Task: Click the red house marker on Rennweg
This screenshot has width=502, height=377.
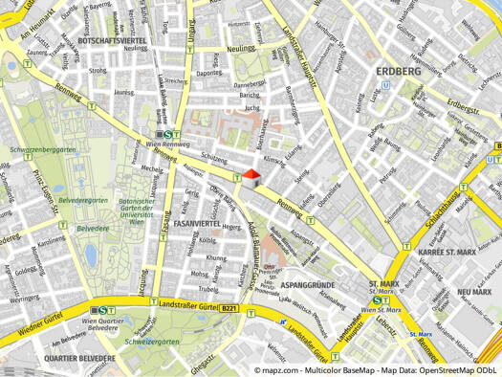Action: click(x=251, y=178)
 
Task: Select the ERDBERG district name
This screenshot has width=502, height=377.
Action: click(x=399, y=72)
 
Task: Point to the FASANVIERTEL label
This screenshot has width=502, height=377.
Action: click(x=197, y=223)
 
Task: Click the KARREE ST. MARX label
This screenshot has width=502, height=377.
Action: click(x=447, y=252)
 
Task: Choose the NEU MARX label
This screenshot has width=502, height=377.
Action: click(x=474, y=291)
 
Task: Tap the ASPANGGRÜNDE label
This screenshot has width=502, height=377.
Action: click(x=308, y=285)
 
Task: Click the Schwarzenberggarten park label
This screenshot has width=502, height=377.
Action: click(x=43, y=150)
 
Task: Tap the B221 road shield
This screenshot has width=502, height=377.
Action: click(x=228, y=308)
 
